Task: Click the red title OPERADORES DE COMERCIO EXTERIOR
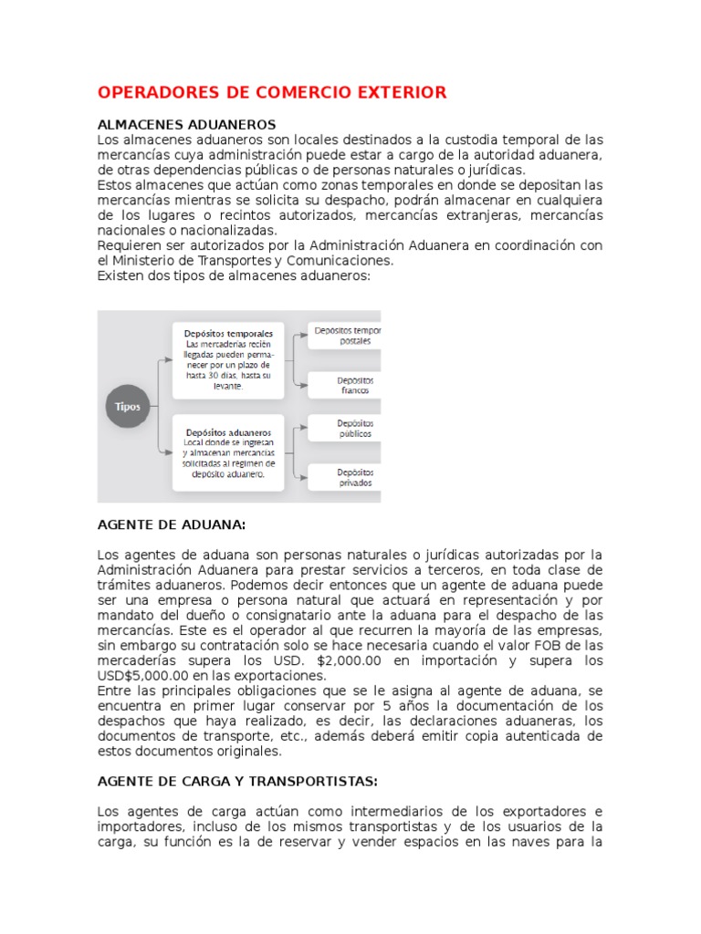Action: coord(272,92)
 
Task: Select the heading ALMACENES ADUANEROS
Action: coord(186,124)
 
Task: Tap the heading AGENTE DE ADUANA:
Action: coord(172,525)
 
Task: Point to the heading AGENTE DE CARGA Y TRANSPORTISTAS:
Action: coord(237,782)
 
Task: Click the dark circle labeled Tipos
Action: coord(129,407)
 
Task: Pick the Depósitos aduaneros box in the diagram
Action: coord(227,451)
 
